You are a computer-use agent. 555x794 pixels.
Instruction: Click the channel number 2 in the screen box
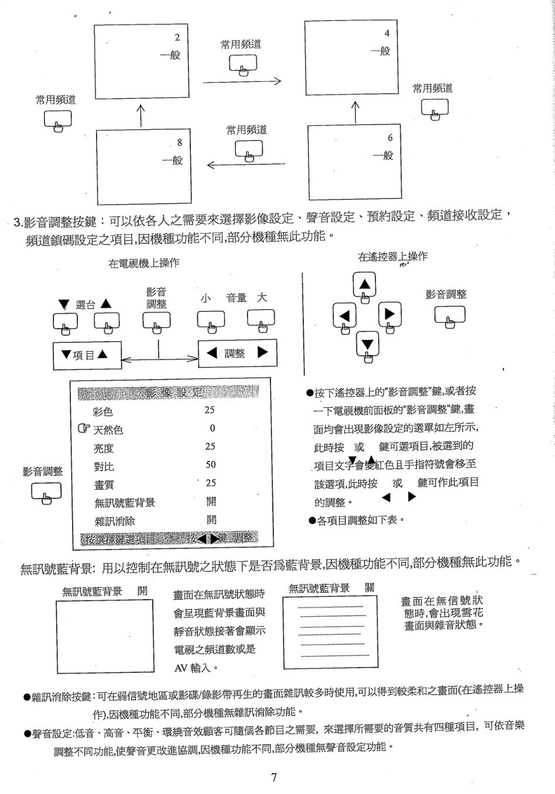pyautogui.click(x=177, y=37)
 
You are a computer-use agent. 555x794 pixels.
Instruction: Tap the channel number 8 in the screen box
pyautogui.click(x=180, y=142)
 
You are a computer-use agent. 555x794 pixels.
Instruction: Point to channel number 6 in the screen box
pyautogui.click(x=390, y=138)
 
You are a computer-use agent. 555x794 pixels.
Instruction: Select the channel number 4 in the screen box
pyautogui.click(x=387, y=33)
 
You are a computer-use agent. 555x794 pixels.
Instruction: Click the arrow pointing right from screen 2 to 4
pyautogui.click(x=242, y=81)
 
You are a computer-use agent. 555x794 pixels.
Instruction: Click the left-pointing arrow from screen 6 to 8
pyautogui.click(x=246, y=164)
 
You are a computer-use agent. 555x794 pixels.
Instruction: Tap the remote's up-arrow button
pyautogui.click(x=365, y=286)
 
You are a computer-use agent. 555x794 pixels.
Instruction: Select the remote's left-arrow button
pyautogui.click(x=344, y=317)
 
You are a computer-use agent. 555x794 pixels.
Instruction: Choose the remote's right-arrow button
pyautogui.click(x=389, y=315)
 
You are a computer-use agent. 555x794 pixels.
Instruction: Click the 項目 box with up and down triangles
pyautogui.click(x=87, y=355)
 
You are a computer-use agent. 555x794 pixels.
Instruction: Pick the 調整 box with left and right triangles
pyautogui.click(x=237, y=353)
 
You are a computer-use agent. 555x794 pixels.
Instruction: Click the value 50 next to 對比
pyautogui.click(x=211, y=465)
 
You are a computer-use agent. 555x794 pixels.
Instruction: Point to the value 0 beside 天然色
pyautogui.click(x=213, y=428)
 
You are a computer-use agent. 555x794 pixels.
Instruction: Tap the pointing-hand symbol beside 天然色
pyautogui.click(x=84, y=429)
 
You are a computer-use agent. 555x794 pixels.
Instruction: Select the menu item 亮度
pyautogui.click(x=104, y=449)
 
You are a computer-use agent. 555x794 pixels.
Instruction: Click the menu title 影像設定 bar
pyautogui.click(x=168, y=393)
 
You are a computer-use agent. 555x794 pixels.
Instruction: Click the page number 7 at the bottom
pyautogui.click(x=274, y=777)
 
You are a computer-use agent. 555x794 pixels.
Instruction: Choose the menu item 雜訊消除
pyautogui.click(x=115, y=521)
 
